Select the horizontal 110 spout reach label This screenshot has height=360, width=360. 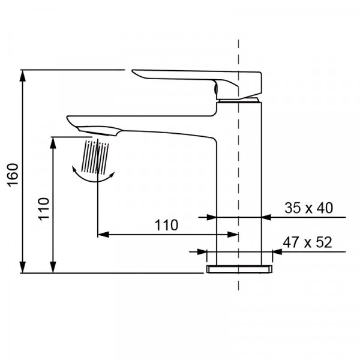click(x=166, y=226)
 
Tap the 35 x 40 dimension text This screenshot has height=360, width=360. click(x=308, y=208)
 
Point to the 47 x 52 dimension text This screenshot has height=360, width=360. click(x=307, y=243)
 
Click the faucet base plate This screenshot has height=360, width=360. click(x=239, y=269)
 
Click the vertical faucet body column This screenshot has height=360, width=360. click(x=239, y=180)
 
